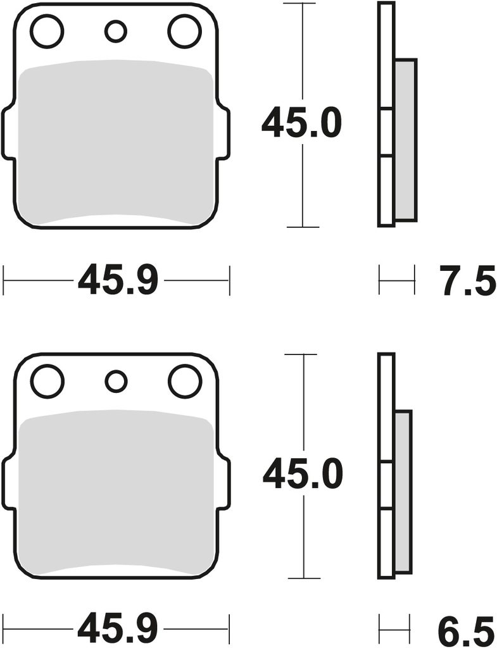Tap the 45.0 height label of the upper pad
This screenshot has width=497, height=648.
click(x=302, y=123)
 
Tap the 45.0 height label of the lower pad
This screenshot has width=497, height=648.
click(x=303, y=474)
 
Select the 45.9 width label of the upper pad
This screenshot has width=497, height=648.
click(x=118, y=280)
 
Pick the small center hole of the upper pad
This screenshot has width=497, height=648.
click(x=115, y=32)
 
